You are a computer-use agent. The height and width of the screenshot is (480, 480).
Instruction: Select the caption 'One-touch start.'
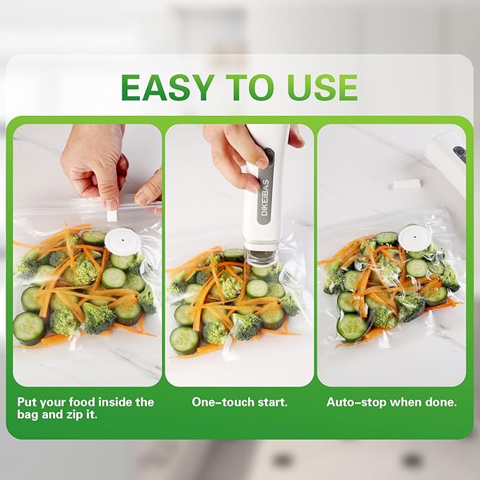pos(240,402)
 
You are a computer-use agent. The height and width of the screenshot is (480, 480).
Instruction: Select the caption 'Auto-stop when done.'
pos(391,402)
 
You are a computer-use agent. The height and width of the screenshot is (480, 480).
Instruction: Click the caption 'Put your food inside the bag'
pos(86,402)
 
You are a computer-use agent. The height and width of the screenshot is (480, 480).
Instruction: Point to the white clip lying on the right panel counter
pos(407,184)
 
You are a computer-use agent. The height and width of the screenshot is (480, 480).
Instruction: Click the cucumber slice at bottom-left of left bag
pos(29,327)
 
